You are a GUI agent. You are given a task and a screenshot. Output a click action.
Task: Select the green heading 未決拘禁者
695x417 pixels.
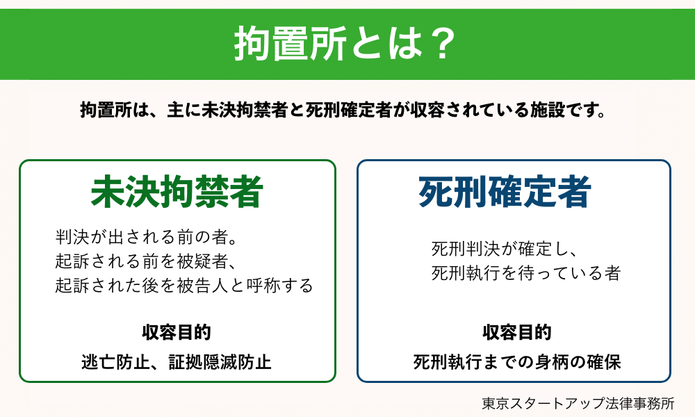(177, 192)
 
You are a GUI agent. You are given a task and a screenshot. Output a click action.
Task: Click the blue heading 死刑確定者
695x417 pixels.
(505, 193)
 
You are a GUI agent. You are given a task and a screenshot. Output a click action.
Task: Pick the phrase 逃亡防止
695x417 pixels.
(107, 362)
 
